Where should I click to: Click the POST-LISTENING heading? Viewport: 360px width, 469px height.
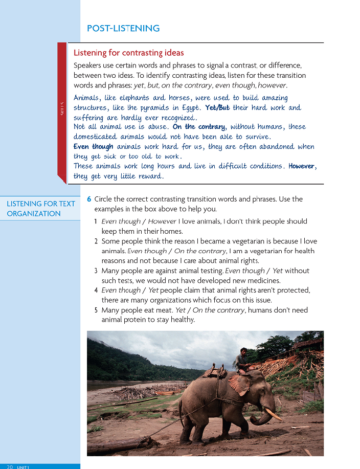(123, 29)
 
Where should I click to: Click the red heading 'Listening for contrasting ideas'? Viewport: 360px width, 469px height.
(129, 53)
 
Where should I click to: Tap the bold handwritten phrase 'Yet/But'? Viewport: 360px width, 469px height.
(217, 108)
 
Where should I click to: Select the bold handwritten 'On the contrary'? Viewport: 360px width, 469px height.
(198, 127)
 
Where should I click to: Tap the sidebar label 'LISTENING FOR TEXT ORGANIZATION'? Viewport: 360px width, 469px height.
(41, 209)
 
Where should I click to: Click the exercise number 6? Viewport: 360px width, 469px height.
(89, 199)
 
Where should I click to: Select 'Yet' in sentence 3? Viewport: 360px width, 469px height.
(277, 271)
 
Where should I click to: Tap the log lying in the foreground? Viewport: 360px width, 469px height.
(118, 444)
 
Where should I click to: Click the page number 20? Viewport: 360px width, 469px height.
(10, 466)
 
